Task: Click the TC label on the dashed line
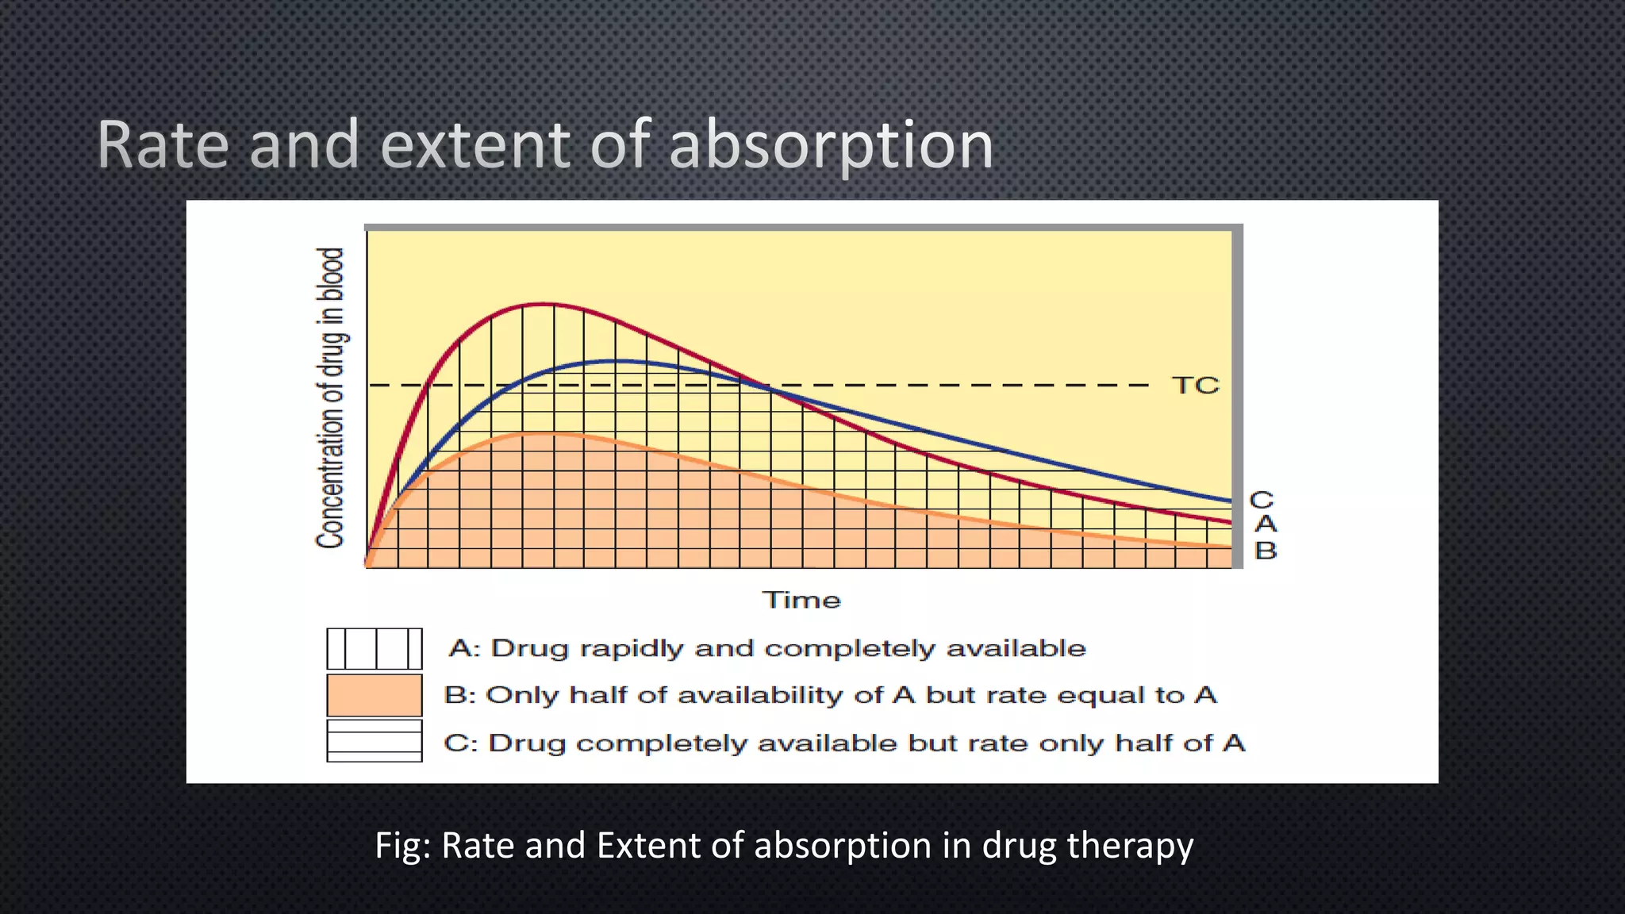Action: click(1195, 386)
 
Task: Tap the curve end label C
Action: click(1262, 501)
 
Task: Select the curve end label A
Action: click(1266, 524)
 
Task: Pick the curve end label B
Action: click(1266, 550)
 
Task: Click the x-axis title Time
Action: click(801, 600)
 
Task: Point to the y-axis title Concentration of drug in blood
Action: click(331, 398)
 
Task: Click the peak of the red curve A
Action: click(543, 304)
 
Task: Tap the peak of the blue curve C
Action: click(615, 361)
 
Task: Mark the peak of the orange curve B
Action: click(543, 433)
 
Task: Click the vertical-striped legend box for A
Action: click(375, 649)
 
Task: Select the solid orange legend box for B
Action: click(375, 696)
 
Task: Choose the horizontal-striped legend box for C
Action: click(375, 741)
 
